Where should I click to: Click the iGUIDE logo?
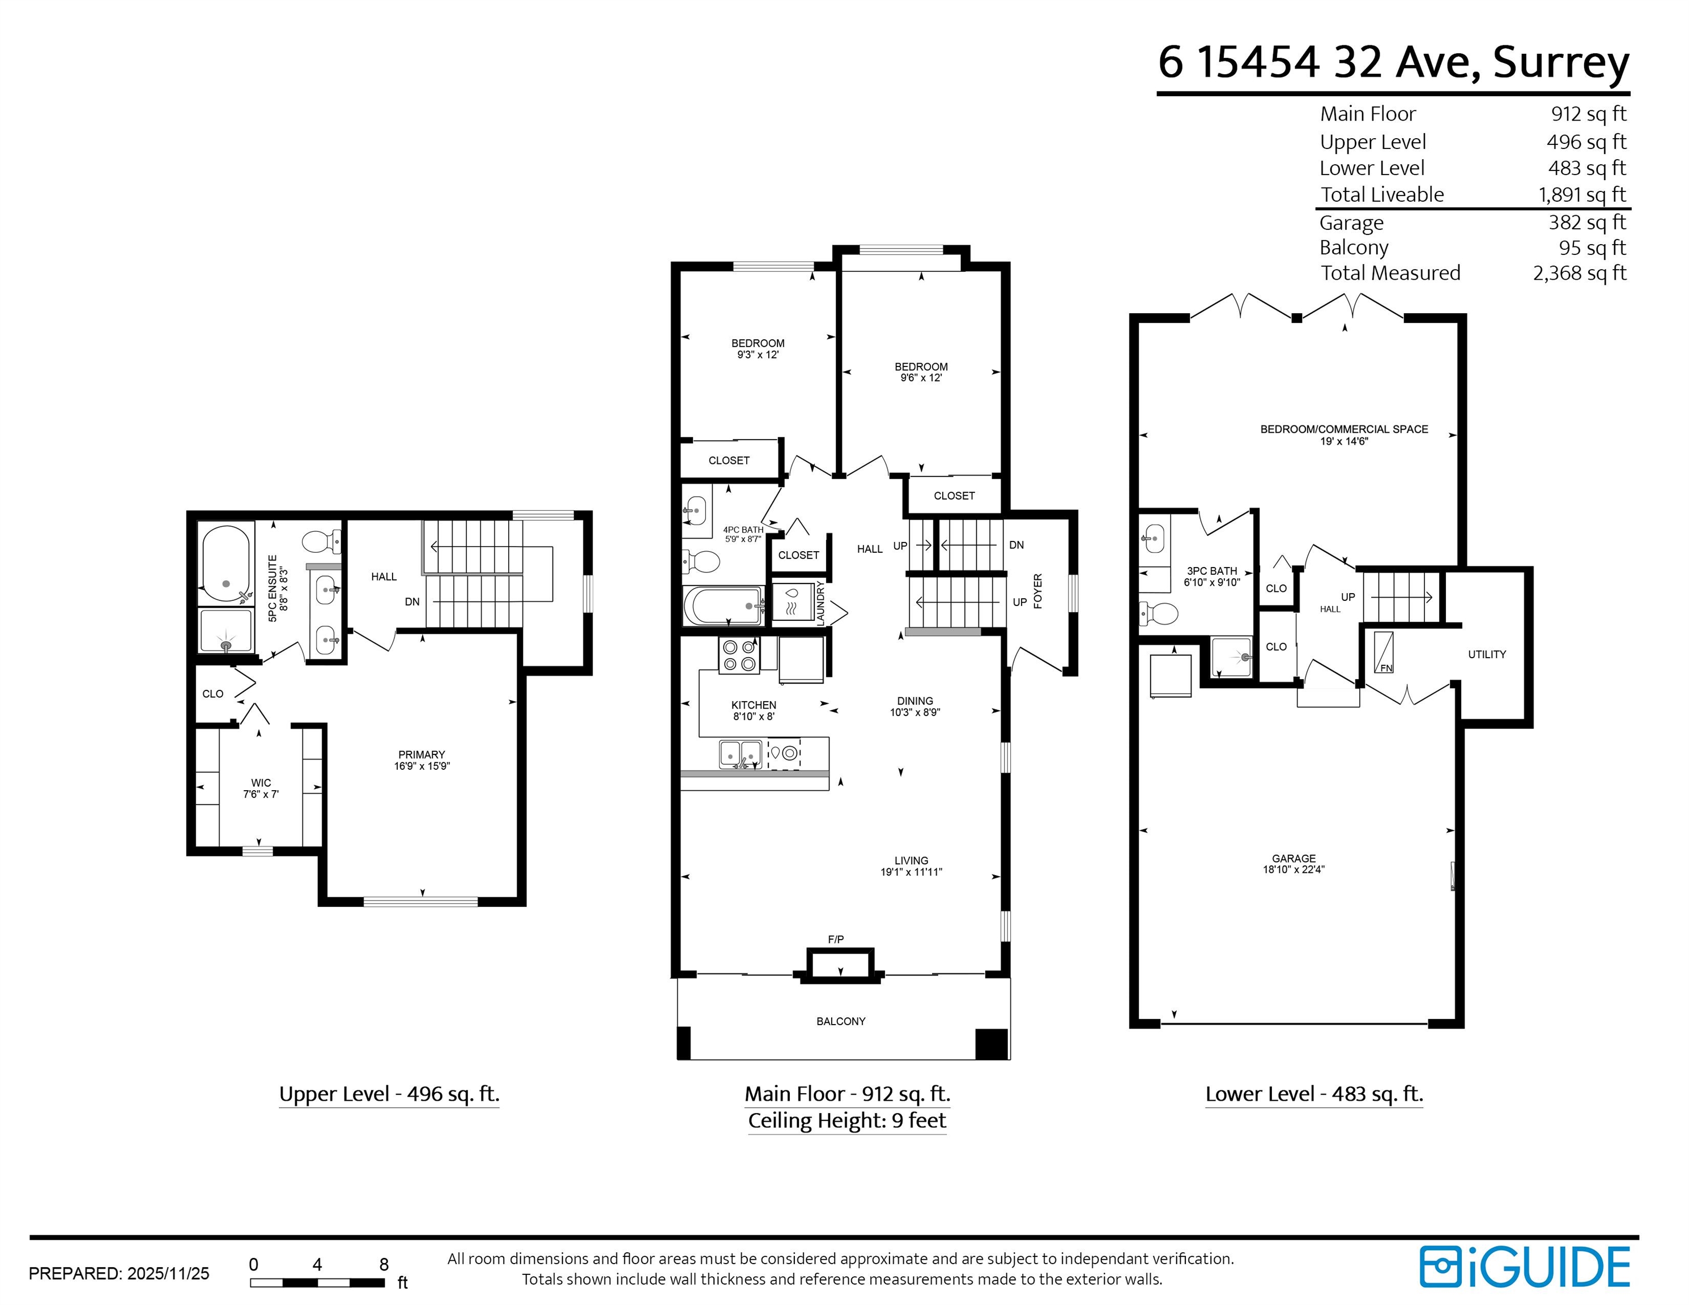click(x=1524, y=1266)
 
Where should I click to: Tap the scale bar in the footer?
click(x=317, y=1282)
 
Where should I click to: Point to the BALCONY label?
click(x=841, y=1021)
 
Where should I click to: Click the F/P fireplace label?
click(x=835, y=939)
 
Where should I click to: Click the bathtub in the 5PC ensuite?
click(x=225, y=564)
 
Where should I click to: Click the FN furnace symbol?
click(x=1384, y=652)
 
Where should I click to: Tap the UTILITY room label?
click(x=1486, y=654)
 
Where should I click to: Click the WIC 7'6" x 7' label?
click(x=261, y=788)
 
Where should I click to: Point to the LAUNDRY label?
click(x=820, y=603)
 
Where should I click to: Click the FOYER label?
click(x=1038, y=591)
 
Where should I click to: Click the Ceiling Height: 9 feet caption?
click(x=847, y=1120)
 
